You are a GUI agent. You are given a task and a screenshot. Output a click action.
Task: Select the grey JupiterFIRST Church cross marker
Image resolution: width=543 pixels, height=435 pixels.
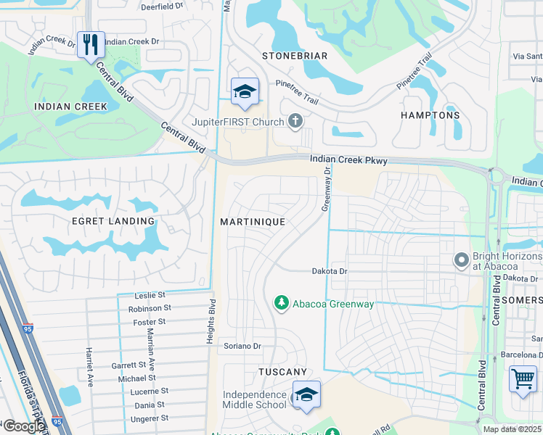pyautogui.click(x=295, y=121)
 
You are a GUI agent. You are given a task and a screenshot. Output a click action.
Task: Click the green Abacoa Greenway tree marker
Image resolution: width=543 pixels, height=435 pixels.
pyautogui.click(x=281, y=303)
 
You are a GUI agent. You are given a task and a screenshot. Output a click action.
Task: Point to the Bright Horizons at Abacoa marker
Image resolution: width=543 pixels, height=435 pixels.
pyautogui.click(x=461, y=260)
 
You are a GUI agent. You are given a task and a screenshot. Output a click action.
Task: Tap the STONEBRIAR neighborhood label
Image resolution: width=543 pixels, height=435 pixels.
pyautogui.click(x=295, y=56)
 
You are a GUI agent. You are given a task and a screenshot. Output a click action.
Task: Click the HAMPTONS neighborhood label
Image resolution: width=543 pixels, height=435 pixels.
pyautogui.click(x=430, y=115)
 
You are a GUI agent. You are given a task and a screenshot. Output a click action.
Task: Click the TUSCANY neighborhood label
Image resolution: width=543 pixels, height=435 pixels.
pyautogui.click(x=283, y=372)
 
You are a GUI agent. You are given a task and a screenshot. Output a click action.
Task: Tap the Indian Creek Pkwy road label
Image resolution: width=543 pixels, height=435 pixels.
pyautogui.click(x=348, y=159)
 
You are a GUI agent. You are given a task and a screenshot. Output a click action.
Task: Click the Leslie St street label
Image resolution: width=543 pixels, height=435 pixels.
pyautogui.click(x=151, y=296)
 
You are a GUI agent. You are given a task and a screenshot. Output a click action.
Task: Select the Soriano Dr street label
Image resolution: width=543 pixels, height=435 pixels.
pyautogui.click(x=242, y=347)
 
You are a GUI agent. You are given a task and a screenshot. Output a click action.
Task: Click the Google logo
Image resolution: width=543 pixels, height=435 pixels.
pyautogui.click(x=23, y=426)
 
